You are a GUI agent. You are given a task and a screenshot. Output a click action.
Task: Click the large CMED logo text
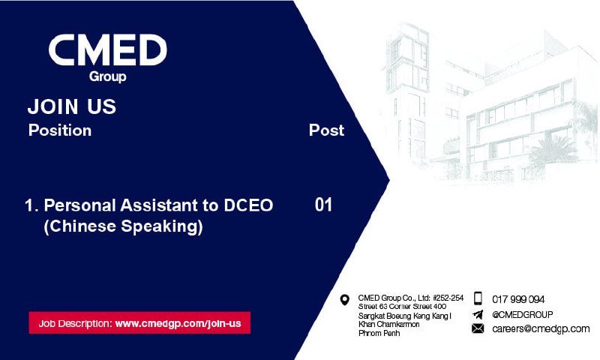[x=107, y=49]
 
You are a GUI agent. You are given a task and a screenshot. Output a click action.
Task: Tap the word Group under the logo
[x=107, y=76]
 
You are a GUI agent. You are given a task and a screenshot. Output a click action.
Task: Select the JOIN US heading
[x=71, y=106]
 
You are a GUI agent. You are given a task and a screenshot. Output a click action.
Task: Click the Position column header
[x=60, y=130]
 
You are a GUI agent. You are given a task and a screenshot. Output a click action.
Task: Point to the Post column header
[x=326, y=130]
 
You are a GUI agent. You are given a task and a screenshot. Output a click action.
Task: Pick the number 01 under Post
[x=323, y=205]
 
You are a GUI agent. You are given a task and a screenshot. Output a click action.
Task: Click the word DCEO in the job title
[x=248, y=205]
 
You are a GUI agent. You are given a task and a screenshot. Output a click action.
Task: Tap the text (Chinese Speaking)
[x=123, y=226]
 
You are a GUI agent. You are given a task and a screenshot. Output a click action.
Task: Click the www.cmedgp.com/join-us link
[x=178, y=323]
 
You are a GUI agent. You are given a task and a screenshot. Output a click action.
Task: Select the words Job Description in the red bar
[x=75, y=324]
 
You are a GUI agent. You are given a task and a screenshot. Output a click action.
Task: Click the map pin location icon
[x=345, y=300]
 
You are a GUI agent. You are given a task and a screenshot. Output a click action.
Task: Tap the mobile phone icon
[x=478, y=298]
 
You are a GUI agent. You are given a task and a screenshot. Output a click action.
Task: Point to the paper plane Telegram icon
[x=478, y=314]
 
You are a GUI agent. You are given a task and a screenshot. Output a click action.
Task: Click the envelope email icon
[x=478, y=328]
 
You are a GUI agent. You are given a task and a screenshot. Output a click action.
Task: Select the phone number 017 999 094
[x=518, y=299]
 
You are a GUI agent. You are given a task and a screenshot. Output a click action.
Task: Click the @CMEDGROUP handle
[x=522, y=314]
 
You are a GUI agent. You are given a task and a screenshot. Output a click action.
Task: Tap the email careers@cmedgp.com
[x=541, y=328]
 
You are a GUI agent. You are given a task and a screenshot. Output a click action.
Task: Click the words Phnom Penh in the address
[x=379, y=333]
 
